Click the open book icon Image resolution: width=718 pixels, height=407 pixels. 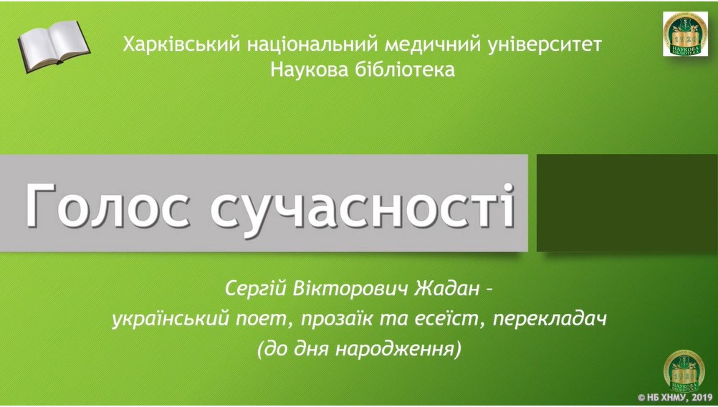click(54, 46)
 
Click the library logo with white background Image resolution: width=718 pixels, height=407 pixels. click(685, 34)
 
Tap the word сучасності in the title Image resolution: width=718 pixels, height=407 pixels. click(363, 206)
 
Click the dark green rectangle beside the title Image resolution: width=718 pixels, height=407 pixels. click(627, 203)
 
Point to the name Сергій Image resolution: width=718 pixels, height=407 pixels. click(255, 290)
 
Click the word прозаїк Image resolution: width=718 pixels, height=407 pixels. click(338, 320)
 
